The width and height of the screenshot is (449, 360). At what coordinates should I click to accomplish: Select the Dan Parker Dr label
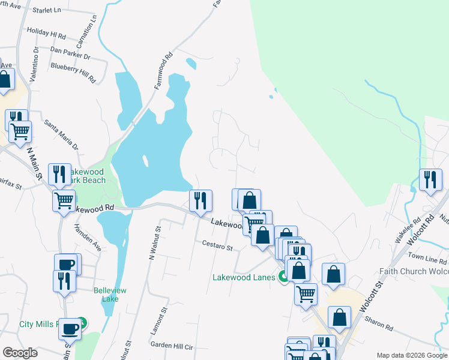[70, 53]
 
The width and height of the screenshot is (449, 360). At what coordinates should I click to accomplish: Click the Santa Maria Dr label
[61, 134]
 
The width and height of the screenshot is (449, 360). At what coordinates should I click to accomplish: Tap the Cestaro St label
[217, 246]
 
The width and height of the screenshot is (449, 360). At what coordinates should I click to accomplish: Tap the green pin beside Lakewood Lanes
[281, 277]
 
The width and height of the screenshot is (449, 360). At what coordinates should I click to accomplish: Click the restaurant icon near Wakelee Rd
[430, 180]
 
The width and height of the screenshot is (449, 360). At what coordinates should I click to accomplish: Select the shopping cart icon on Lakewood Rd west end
[64, 201]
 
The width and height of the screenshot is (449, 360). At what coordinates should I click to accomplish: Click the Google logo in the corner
[20, 353]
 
